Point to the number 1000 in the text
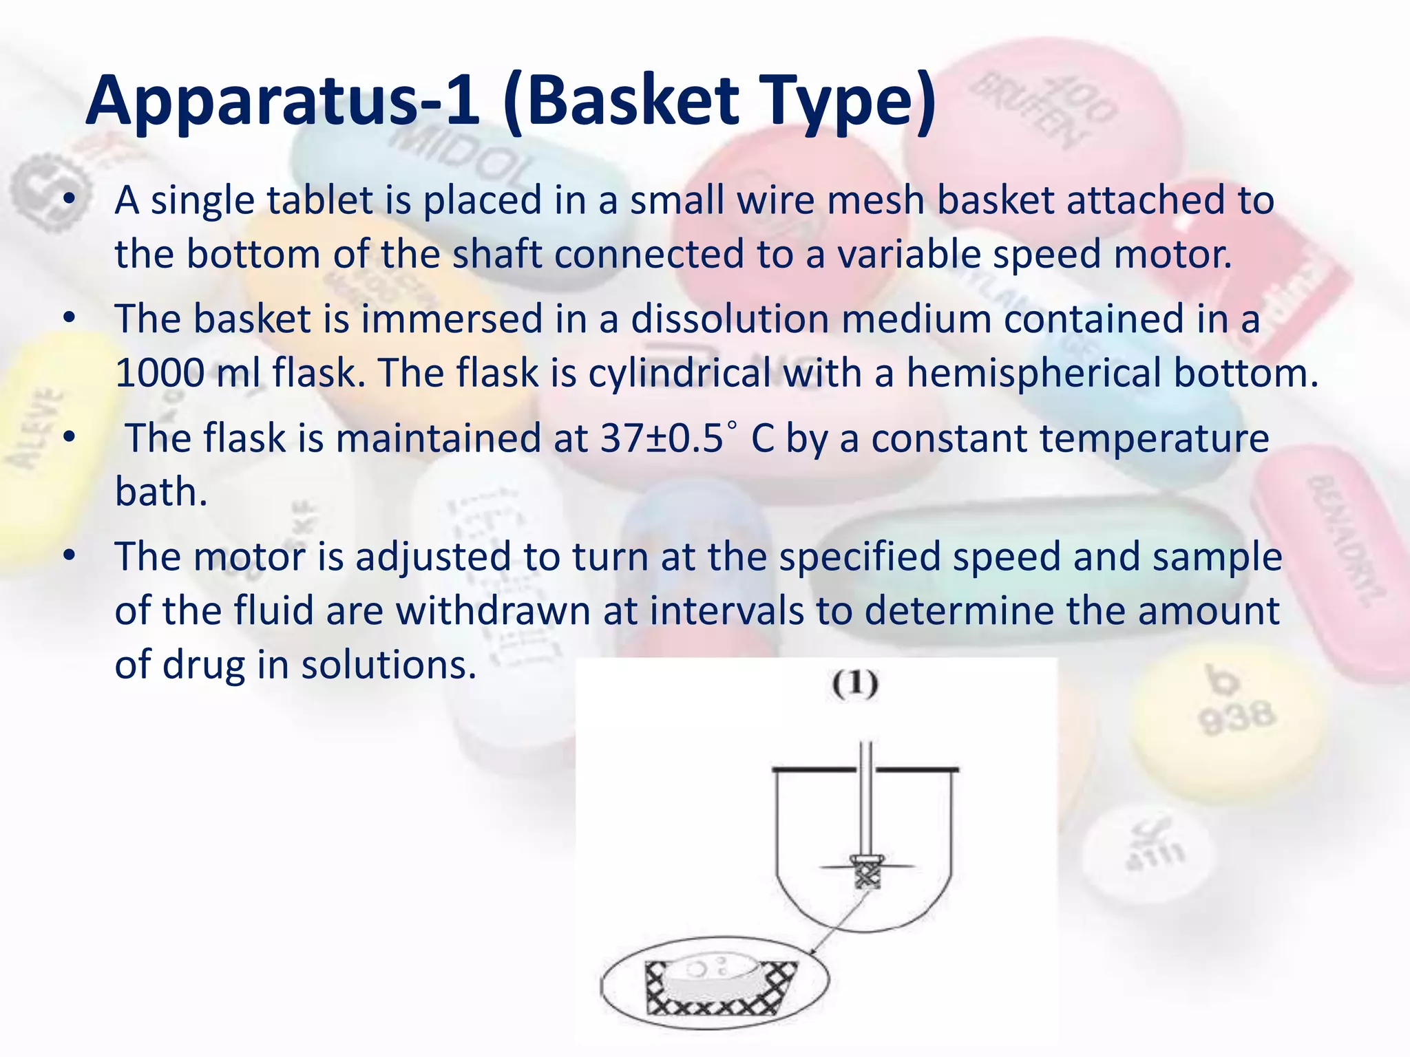158,374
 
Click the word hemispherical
1033,374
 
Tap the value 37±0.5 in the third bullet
662,439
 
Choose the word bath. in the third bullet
161,493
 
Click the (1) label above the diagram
855,684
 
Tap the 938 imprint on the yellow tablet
1237,718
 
